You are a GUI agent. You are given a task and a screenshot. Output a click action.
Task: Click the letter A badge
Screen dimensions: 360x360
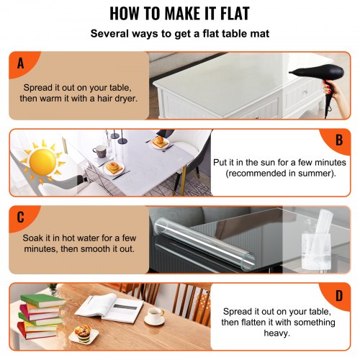[x=20, y=63]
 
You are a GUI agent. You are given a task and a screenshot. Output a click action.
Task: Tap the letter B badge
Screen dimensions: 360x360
[x=338, y=140]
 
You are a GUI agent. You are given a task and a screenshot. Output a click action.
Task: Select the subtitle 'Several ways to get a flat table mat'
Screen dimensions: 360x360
[x=180, y=33]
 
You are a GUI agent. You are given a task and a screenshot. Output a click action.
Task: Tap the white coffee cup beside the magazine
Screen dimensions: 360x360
[x=154, y=316]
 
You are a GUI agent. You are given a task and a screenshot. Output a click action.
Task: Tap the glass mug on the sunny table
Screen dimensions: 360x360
[x=99, y=150]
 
